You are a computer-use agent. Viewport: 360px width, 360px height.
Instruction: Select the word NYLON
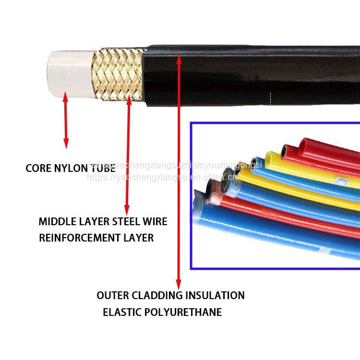(x=70, y=168)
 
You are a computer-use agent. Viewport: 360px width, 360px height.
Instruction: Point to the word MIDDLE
(x=54, y=222)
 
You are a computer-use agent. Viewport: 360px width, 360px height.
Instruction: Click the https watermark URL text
(x=163, y=178)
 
